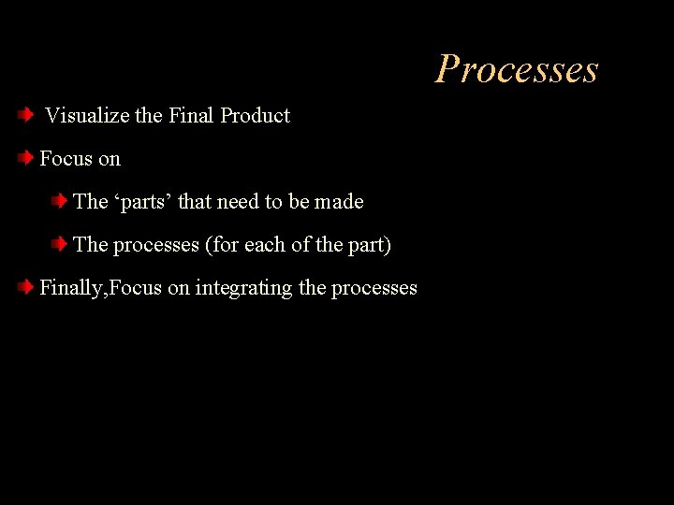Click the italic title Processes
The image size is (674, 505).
pyautogui.click(x=516, y=69)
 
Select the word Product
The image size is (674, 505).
pyautogui.click(x=256, y=116)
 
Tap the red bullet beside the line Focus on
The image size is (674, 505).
pyautogui.click(x=26, y=159)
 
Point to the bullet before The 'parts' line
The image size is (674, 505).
pyautogui.click(x=59, y=201)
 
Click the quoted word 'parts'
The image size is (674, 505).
pyautogui.click(x=143, y=202)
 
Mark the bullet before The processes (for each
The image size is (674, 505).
pyautogui.click(x=59, y=245)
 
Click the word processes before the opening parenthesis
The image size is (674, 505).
pyautogui.click(x=156, y=245)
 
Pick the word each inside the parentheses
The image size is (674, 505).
pyautogui.click(x=263, y=245)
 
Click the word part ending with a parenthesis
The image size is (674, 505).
pyautogui.click(x=370, y=245)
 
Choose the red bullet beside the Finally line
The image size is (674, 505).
pyautogui.click(x=26, y=288)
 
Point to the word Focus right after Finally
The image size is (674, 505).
pyautogui.click(x=136, y=288)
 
